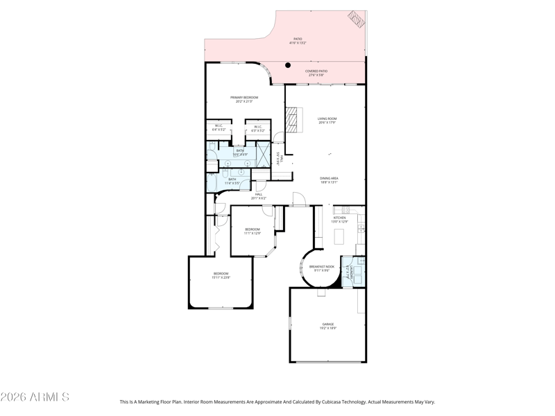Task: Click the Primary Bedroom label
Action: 244,98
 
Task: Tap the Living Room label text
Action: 327,119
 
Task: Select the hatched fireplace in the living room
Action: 296,120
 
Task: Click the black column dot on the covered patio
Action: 288,65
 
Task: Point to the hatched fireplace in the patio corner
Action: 357,19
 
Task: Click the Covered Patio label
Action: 316,71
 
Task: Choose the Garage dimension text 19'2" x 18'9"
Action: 327,328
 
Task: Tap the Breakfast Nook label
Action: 322,267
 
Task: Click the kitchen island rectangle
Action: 339,236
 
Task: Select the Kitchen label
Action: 339,218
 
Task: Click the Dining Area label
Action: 329,178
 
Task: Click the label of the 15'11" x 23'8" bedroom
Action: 221,274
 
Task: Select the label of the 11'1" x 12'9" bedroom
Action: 252,229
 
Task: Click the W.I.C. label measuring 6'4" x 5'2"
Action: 218,126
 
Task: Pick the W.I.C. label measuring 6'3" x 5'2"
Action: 257,126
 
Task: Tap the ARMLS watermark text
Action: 35,397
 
